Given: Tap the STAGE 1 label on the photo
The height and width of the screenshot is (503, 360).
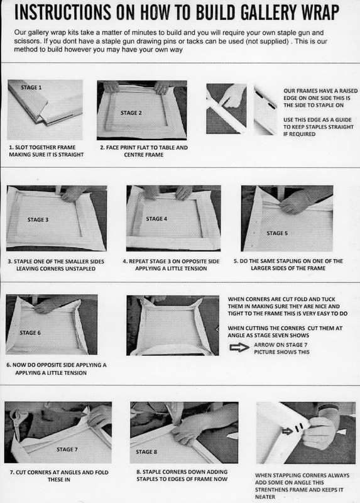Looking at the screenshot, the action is coord(31,87).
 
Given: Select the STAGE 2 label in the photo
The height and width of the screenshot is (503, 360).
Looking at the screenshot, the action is coord(131,113).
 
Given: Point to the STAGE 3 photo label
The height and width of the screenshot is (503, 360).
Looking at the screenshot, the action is coord(38,219).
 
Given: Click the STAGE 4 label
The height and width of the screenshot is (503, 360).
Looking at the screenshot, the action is coord(156,219).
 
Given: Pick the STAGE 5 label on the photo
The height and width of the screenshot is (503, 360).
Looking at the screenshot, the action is coord(277,233).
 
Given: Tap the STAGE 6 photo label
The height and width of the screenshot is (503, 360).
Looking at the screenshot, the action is coord(30,333).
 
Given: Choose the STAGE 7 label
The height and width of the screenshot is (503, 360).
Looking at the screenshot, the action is coord(67,450).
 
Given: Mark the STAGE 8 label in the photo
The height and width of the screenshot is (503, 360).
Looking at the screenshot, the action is coord(146,451).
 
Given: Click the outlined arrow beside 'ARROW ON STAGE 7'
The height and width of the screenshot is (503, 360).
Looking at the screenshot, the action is coord(239,348).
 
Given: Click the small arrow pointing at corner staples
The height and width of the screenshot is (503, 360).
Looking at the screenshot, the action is coord(287,431).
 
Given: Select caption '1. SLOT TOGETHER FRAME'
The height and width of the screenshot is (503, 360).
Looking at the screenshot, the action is coord(42,148).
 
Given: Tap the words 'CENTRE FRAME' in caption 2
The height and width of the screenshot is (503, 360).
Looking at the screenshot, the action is coord(144,155).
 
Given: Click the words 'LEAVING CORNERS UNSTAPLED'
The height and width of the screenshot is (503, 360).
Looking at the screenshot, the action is coord(56,268).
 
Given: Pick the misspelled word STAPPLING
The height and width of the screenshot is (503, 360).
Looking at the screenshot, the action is coord(285,475).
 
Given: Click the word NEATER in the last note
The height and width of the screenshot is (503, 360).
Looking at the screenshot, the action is coord(265,497).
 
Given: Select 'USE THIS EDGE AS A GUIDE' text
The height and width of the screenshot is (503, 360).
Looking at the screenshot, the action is coord(317,119).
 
